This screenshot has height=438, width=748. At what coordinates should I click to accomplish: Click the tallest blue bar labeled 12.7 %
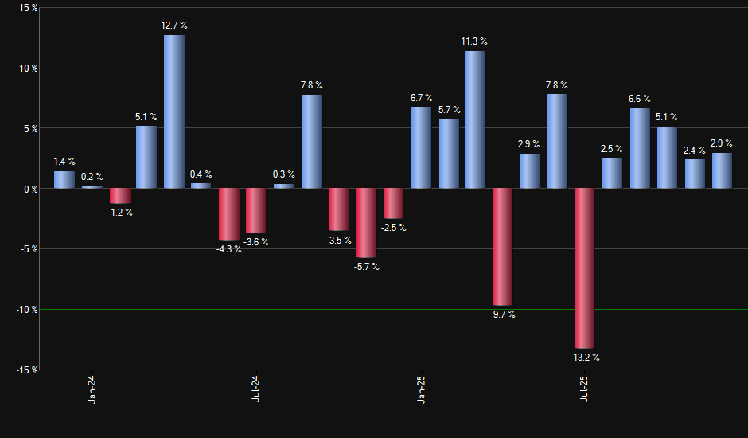174,111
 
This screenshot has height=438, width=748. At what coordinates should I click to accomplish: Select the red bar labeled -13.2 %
585,268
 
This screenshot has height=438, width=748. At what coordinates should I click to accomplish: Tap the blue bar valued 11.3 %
474,119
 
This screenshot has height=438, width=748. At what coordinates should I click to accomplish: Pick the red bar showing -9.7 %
502,247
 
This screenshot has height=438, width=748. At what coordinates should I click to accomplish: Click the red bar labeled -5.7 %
366,223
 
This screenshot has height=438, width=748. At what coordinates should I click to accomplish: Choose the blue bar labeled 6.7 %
421,147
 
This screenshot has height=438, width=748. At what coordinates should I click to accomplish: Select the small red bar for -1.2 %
119,196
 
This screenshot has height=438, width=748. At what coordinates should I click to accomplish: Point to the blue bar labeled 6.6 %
640,148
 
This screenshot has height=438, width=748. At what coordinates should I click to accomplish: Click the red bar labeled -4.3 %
229,214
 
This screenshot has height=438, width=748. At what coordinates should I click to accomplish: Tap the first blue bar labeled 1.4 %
64,180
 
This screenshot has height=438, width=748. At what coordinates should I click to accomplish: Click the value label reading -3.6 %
255,242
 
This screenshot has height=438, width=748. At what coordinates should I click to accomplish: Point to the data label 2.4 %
695,150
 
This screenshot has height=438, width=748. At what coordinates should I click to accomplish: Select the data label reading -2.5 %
393,228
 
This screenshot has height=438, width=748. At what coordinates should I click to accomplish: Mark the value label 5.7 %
449,110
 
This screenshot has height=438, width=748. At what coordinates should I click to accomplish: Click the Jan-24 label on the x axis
92,389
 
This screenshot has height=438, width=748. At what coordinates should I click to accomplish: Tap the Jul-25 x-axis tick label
585,389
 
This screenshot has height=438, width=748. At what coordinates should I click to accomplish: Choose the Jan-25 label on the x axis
421,389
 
